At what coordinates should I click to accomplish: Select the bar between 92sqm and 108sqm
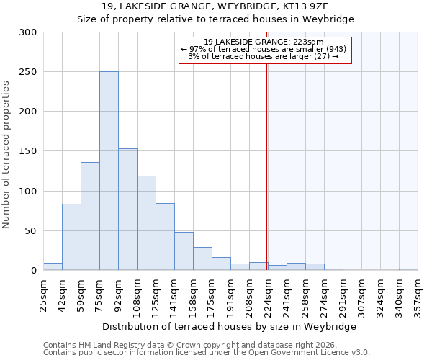click(127, 210)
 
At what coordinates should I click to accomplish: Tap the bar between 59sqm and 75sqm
click(90, 216)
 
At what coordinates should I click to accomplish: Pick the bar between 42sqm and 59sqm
click(71, 237)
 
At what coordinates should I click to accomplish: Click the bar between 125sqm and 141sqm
click(165, 237)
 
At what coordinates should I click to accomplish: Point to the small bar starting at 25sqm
click(53, 266)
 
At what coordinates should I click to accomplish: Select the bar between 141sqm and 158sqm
click(184, 251)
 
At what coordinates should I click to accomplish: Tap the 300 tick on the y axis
click(28, 32)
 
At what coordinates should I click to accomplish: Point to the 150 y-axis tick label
click(28, 152)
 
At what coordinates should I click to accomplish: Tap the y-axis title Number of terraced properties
click(6, 155)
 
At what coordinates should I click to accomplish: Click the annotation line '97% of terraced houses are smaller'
click(264, 49)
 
